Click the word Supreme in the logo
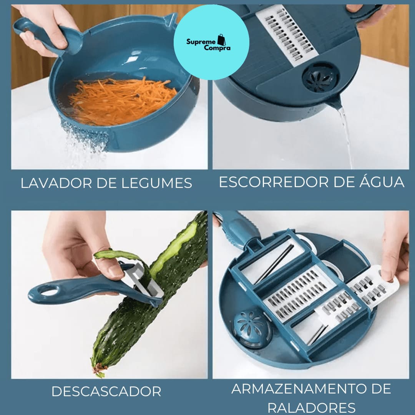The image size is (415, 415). click(201, 41)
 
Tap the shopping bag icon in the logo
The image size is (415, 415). click(222, 40)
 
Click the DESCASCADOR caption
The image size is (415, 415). click(106, 391)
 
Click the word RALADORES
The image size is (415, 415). click(312, 408)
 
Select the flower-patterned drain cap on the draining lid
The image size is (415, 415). click(320, 78)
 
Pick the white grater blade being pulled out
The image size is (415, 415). click(373, 287)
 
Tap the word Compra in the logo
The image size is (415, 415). click(217, 48)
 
